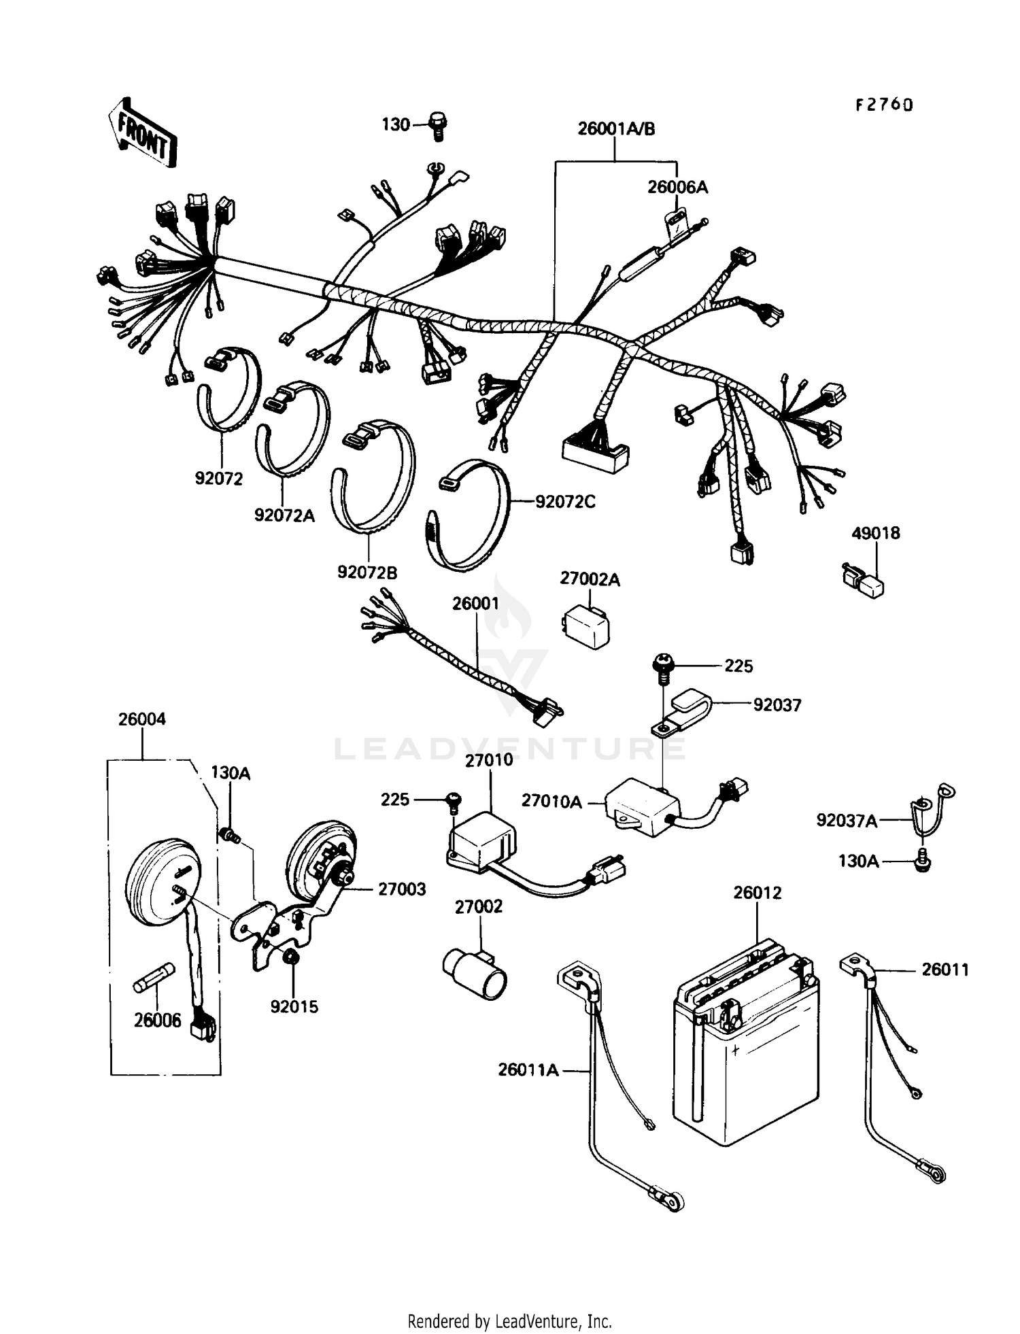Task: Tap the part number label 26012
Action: click(757, 893)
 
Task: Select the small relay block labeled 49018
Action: click(862, 579)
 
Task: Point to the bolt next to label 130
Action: click(439, 126)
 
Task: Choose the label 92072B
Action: click(367, 572)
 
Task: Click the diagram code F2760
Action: click(884, 105)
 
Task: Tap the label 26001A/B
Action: click(616, 129)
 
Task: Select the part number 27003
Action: click(402, 889)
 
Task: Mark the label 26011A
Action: click(528, 1070)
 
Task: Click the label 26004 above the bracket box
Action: click(141, 719)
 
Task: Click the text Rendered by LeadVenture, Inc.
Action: click(509, 1321)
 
